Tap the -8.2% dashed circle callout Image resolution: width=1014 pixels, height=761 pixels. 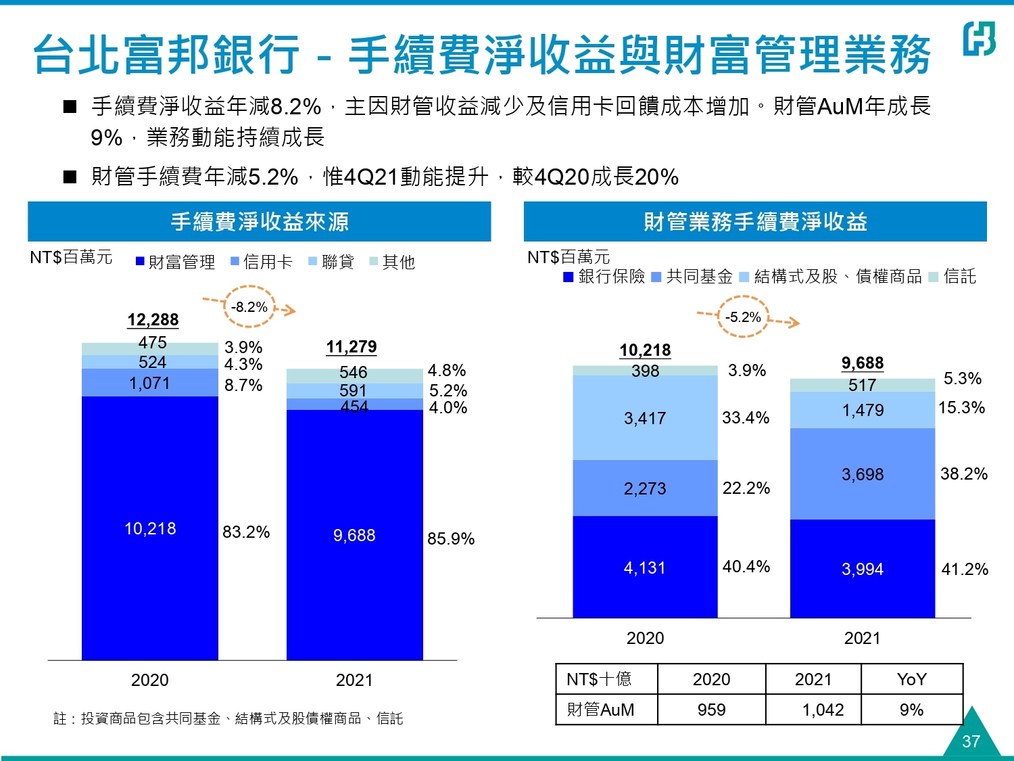point(249,307)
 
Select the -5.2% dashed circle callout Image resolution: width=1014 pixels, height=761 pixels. point(743,317)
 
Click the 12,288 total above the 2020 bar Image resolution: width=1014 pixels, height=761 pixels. point(153,320)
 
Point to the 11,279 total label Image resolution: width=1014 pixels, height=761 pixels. point(352,347)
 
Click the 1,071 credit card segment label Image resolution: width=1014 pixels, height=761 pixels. point(150,384)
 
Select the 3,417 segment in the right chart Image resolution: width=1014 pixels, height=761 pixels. point(645,418)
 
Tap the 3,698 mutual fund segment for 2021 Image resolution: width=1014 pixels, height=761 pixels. point(863,474)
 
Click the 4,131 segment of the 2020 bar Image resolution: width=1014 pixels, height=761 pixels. point(645,568)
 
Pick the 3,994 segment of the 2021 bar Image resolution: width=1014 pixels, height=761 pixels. point(863,569)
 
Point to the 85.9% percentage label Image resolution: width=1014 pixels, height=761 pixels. point(451,538)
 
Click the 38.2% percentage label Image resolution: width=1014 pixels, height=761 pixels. point(964,474)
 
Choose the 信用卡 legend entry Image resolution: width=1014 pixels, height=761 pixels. point(262,262)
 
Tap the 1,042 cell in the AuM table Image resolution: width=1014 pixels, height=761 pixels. point(823,710)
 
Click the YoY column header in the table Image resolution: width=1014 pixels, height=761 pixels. point(911,679)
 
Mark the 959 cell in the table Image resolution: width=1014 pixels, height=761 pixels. point(711,710)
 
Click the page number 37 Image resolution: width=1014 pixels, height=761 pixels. point(971,741)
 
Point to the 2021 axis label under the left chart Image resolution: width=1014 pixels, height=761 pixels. point(354,680)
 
